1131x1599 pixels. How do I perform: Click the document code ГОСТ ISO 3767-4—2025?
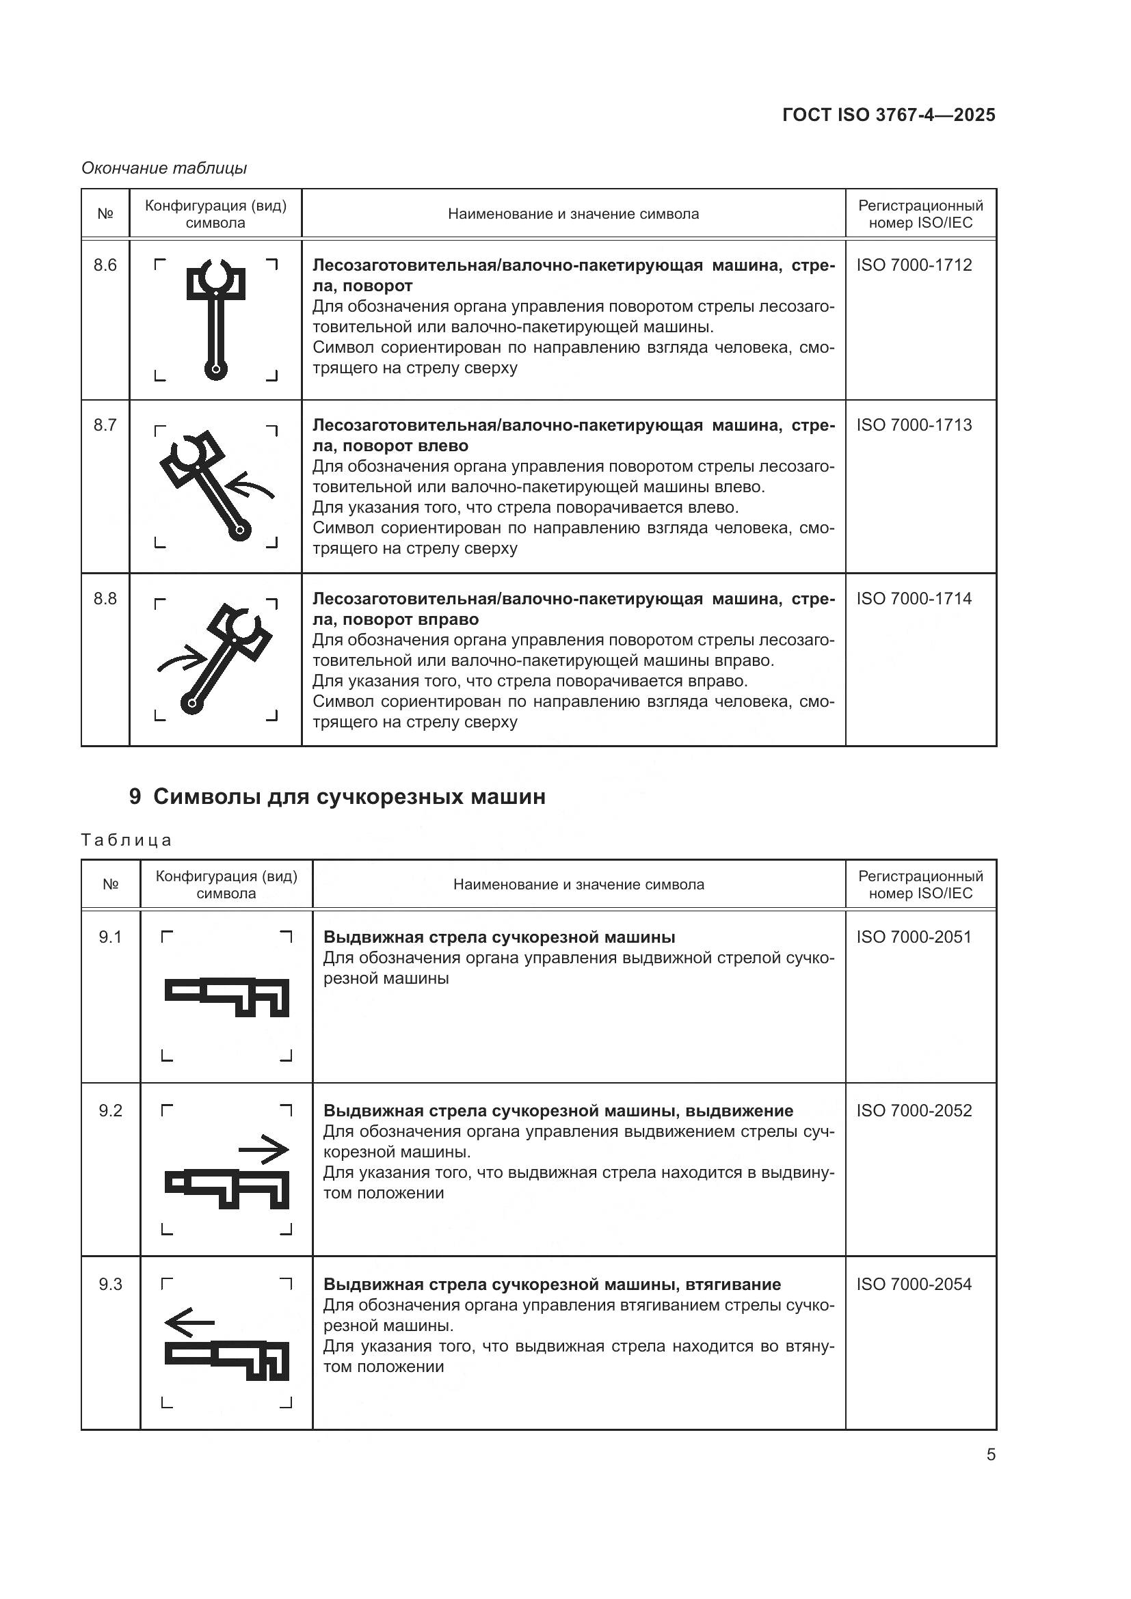pos(889,115)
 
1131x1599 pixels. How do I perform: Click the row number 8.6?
pos(105,265)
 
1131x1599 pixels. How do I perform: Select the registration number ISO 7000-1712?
pos(914,265)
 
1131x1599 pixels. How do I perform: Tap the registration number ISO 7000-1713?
pos(914,425)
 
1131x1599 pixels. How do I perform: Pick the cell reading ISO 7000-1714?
pos(914,598)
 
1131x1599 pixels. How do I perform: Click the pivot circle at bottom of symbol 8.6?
pos(216,368)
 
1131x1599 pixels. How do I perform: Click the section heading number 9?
pos(135,796)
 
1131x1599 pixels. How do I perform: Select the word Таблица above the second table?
pos(126,840)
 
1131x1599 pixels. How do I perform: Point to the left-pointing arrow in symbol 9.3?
pos(189,1321)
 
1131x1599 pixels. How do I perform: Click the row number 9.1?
pos(110,937)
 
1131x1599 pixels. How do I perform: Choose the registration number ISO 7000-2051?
pos(914,937)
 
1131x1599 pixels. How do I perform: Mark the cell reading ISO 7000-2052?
pos(914,1110)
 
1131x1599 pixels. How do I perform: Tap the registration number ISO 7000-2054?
pos(914,1284)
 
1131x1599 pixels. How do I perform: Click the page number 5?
pos(991,1454)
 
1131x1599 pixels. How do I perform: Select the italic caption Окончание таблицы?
pos(164,168)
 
